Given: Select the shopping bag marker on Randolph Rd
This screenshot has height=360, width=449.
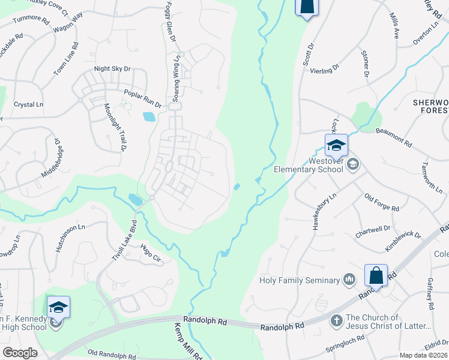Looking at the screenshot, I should [376, 276].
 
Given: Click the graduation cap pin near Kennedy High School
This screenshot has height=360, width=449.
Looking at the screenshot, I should [58, 308].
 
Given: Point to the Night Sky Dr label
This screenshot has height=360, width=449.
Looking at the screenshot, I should [112, 69].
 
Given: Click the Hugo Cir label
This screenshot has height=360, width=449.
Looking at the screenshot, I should [151, 253].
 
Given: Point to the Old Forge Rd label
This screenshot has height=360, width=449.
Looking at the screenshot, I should [381, 203].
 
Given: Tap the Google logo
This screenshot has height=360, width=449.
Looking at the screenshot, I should [20, 352].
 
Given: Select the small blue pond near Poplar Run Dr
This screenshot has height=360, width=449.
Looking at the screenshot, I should [149, 116].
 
